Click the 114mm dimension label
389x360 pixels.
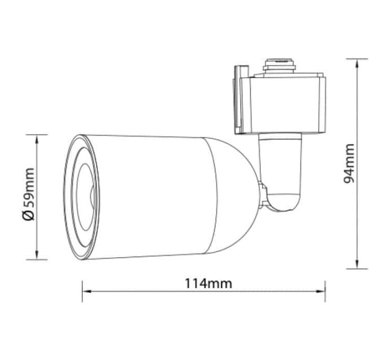click(x=208, y=283)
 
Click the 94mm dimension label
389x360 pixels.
click(x=349, y=163)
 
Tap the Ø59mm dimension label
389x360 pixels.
click(x=28, y=194)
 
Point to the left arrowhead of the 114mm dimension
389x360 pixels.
click(x=87, y=291)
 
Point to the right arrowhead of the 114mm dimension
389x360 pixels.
click(x=320, y=291)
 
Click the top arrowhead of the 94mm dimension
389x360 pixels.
click(x=357, y=64)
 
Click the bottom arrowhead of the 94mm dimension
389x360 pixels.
click(x=357, y=264)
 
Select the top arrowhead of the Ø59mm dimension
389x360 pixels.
click(x=37, y=139)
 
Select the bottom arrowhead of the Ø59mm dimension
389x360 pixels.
click(x=37, y=255)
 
